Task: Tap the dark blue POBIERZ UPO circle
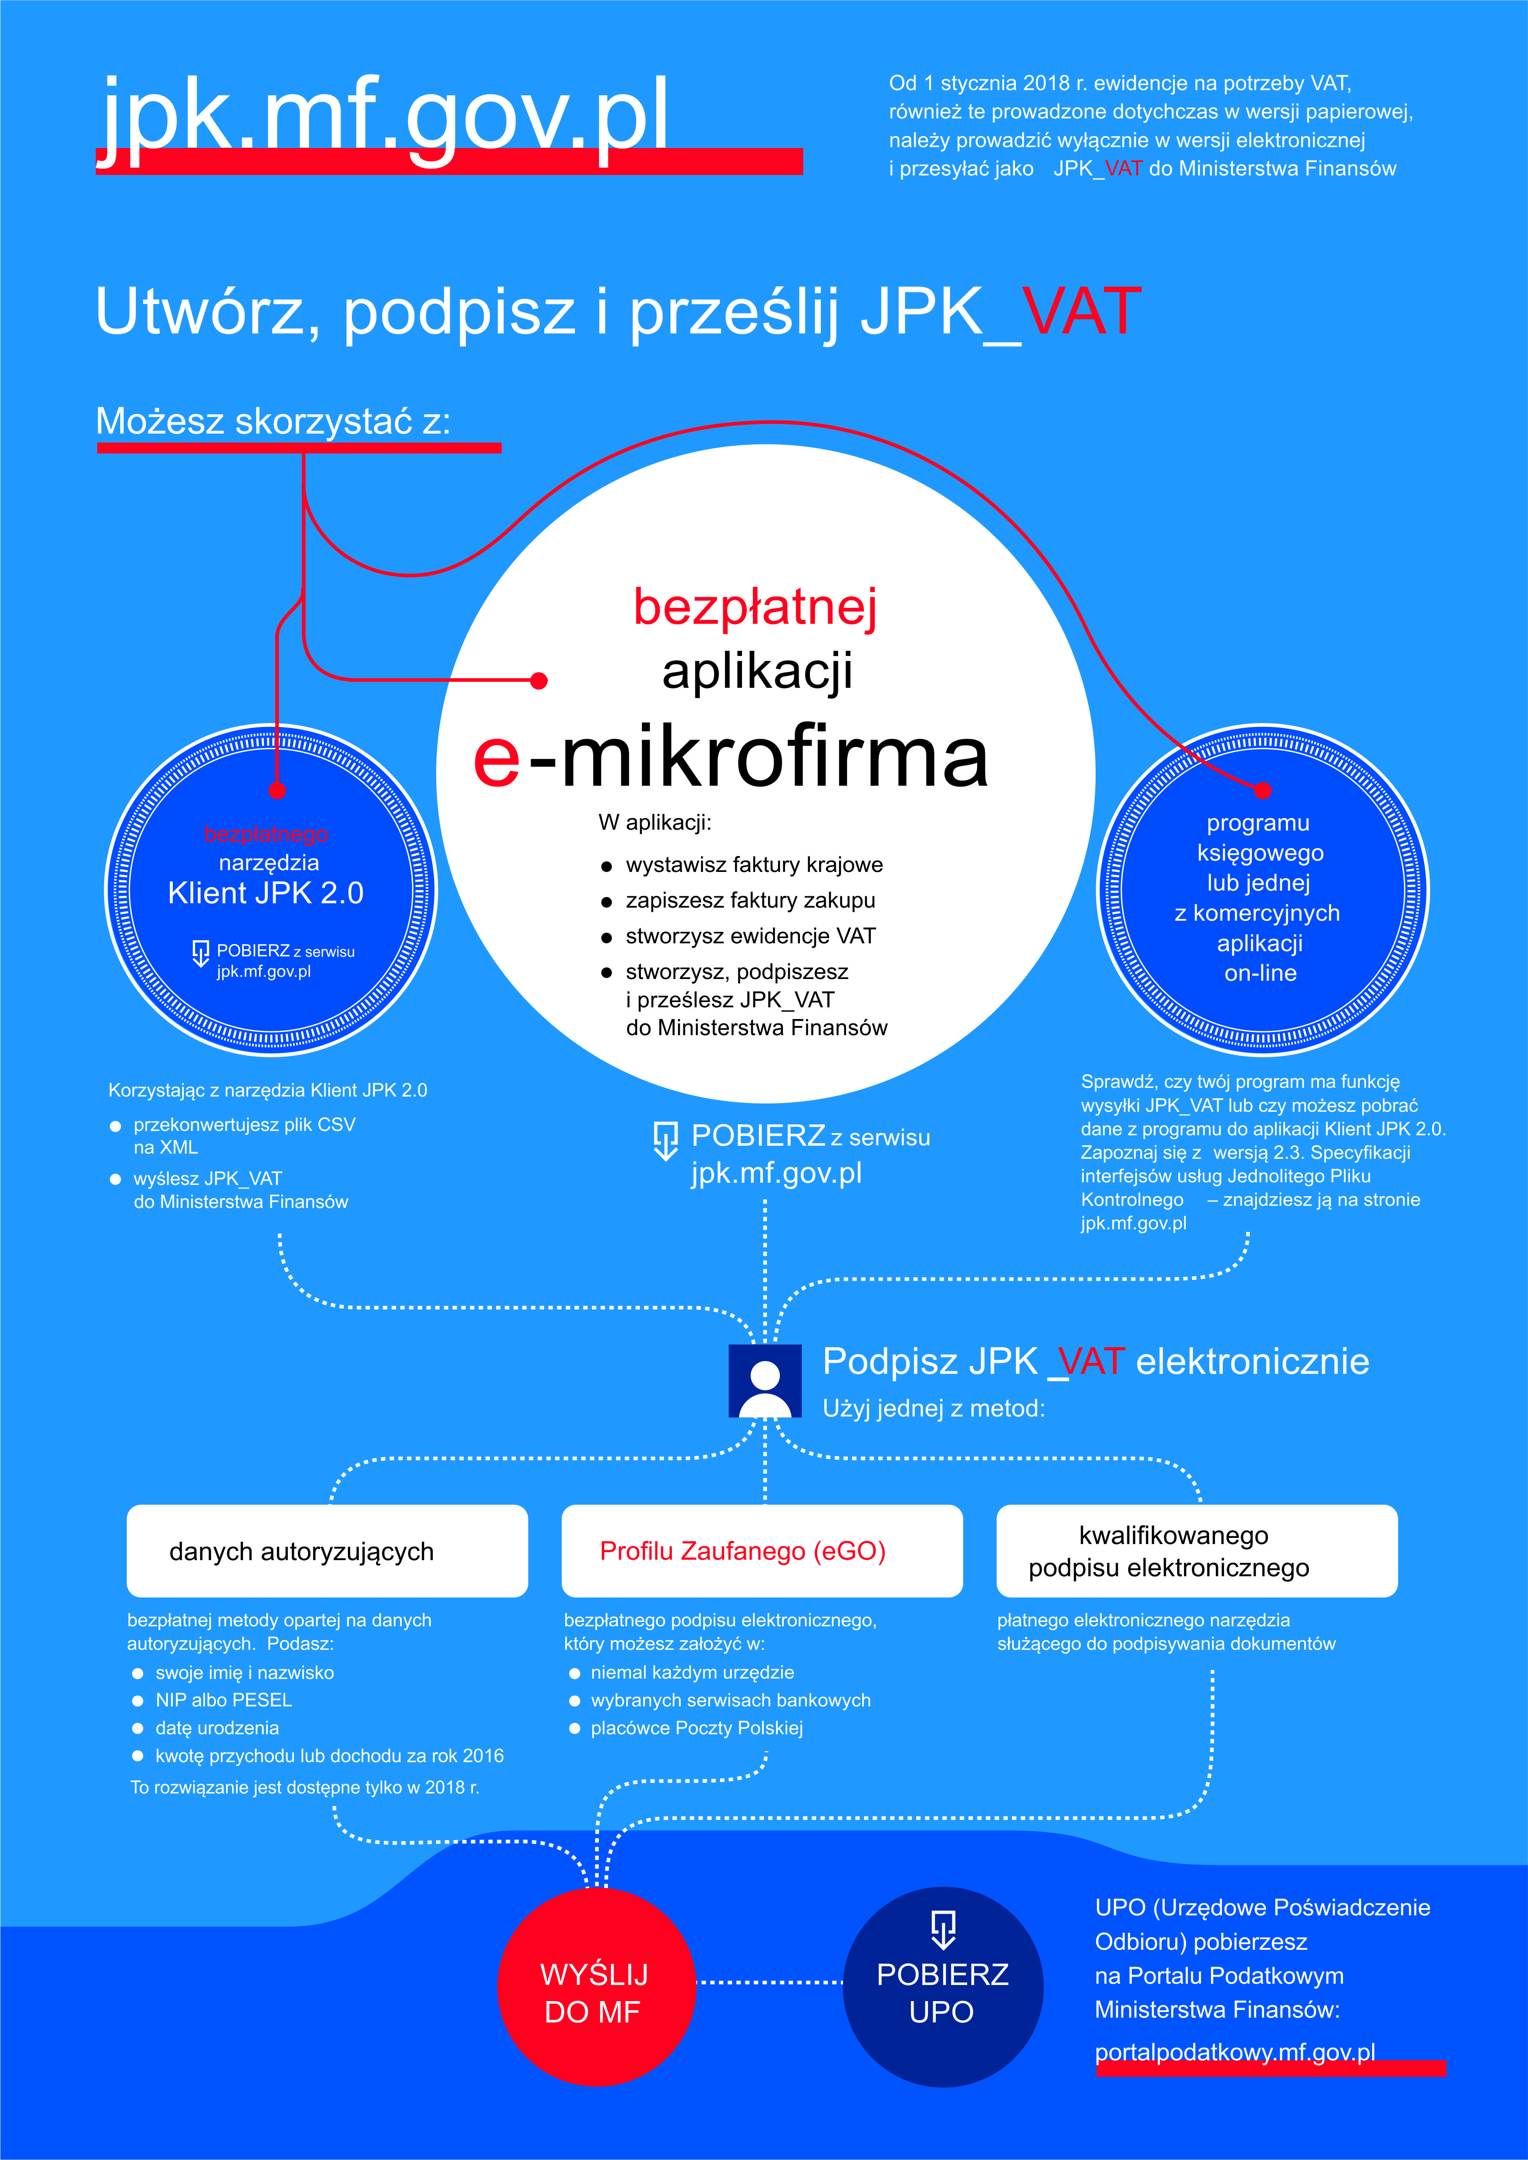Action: (x=943, y=1987)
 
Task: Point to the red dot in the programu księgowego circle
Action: (x=1263, y=790)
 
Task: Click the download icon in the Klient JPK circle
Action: (x=200, y=953)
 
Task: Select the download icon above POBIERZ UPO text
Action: (x=943, y=1928)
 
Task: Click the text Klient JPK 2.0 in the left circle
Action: (x=265, y=893)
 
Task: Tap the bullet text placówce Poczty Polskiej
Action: (x=696, y=1727)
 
